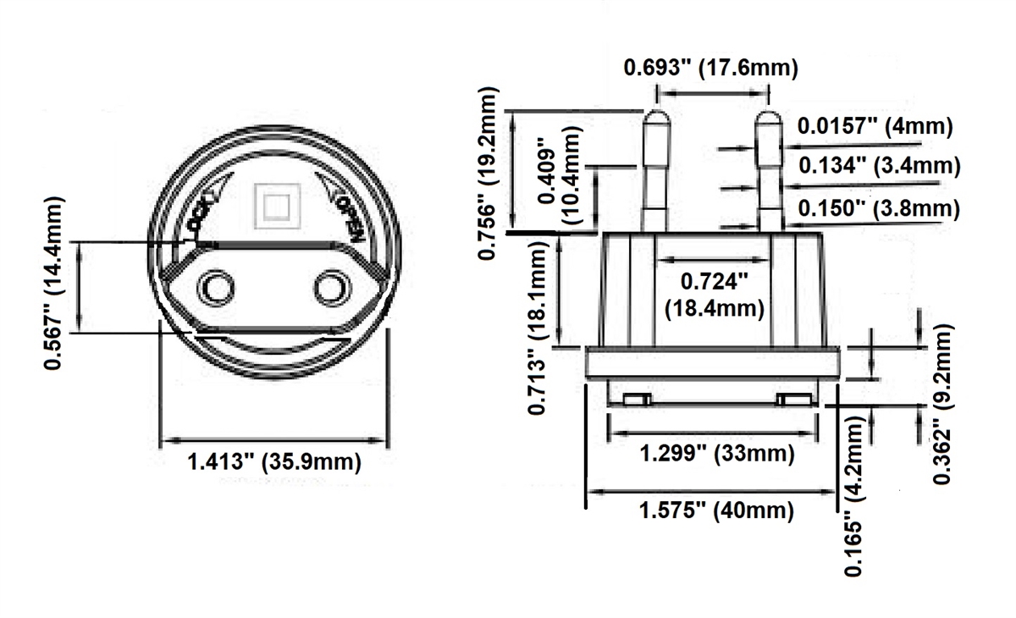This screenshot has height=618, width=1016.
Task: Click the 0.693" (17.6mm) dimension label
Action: (710, 68)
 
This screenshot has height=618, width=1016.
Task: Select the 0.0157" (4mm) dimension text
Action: (875, 126)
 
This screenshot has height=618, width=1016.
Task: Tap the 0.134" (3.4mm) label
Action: (880, 165)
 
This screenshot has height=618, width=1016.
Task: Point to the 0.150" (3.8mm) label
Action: (879, 208)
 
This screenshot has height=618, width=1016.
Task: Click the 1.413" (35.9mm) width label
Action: (274, 462)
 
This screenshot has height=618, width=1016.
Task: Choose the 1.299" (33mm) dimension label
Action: (717, 454)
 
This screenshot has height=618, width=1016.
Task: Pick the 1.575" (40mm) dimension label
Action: (716, 510)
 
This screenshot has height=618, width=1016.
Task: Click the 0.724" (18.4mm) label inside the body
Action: (715, 295)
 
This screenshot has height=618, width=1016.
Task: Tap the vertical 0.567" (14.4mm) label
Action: (54, 284)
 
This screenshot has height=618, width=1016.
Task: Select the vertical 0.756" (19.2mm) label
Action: (488, 174)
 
